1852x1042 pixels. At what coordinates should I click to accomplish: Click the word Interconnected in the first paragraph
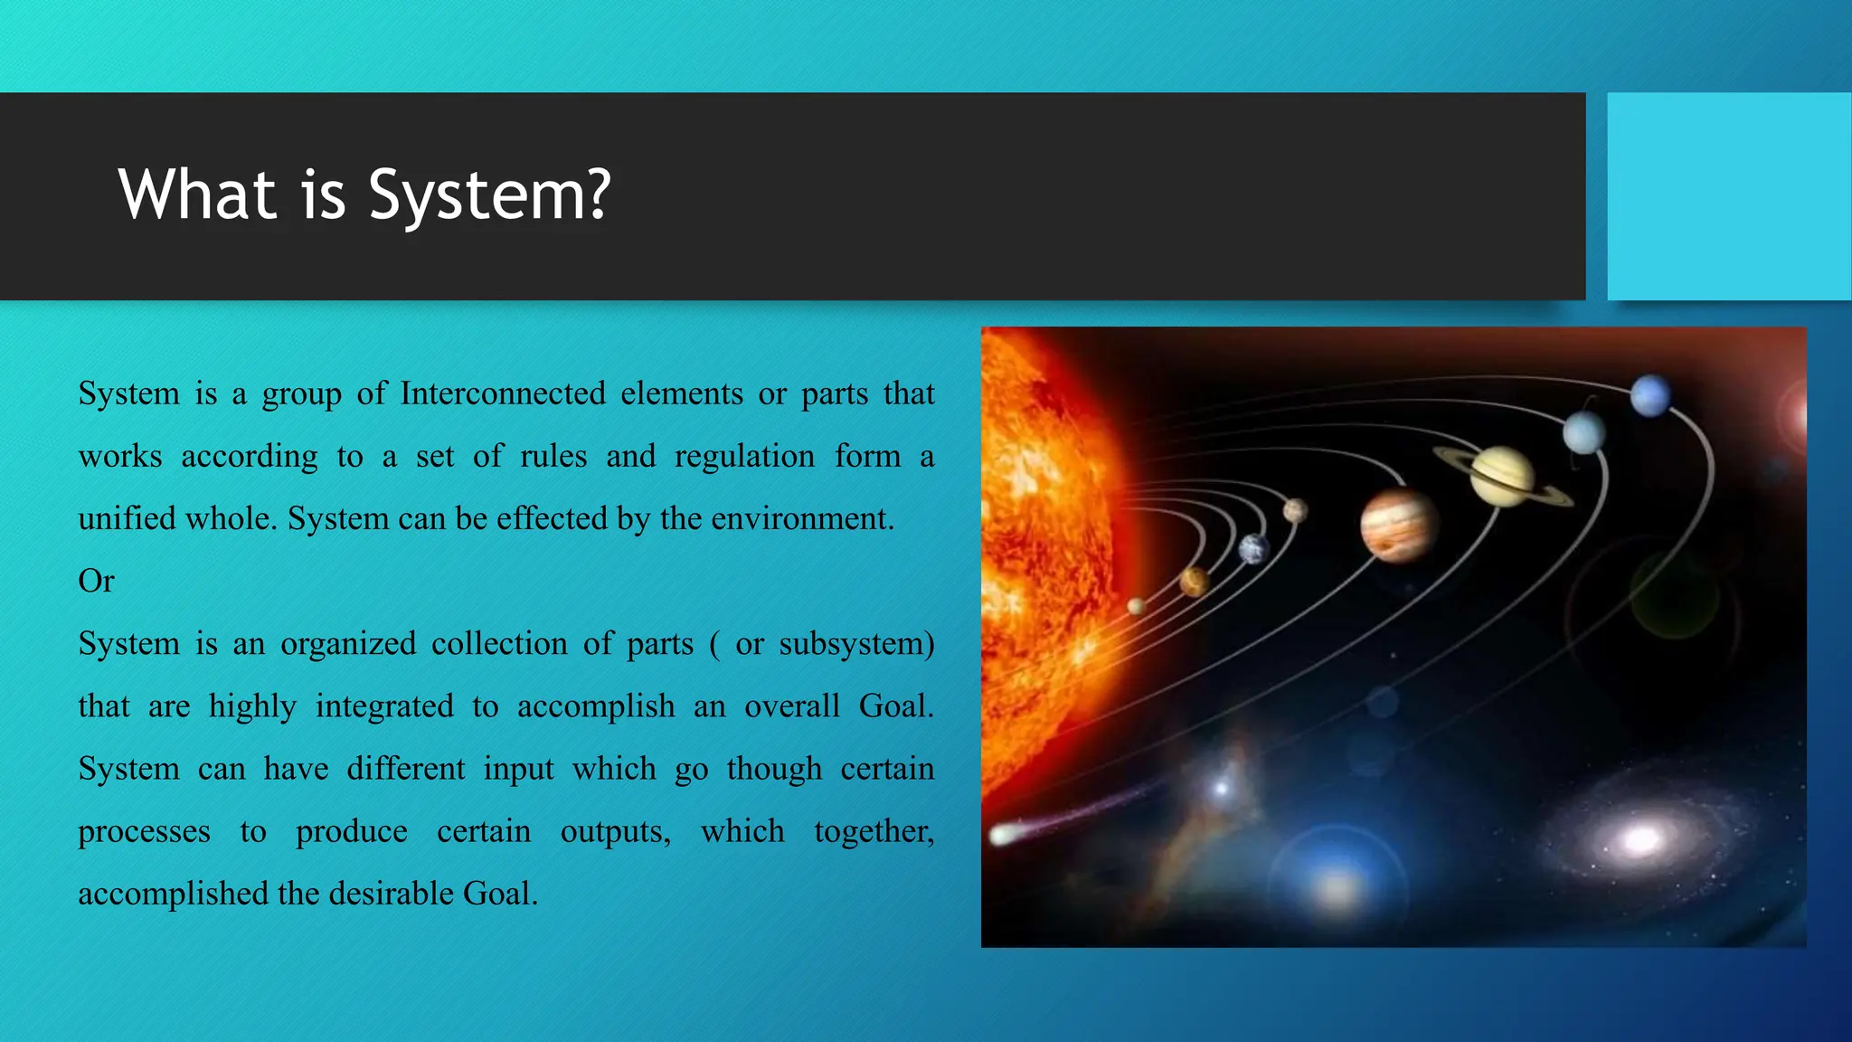click(503, 393)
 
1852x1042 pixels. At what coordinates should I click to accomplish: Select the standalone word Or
click(96, 581)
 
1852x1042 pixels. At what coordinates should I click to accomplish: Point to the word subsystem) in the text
click(856, 643)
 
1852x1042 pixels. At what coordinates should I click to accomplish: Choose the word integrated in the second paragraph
click(384, 706)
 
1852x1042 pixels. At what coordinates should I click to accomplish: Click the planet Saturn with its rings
click(1502, 476)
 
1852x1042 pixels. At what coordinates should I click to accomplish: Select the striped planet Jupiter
click(1398, 525)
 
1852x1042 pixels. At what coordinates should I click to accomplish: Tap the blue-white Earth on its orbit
click(1254, 548)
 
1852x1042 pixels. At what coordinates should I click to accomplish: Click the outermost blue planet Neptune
click(1650, 396)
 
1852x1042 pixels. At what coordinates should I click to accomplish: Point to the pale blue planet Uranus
click(1583, 433)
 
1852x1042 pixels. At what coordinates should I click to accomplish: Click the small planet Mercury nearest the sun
click(1137, 606)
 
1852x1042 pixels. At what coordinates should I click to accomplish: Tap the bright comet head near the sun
click(1003, 833)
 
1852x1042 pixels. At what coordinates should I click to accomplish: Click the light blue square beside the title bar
click(1729, 196)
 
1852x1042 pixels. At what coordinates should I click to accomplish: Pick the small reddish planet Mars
click(1295, 511)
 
